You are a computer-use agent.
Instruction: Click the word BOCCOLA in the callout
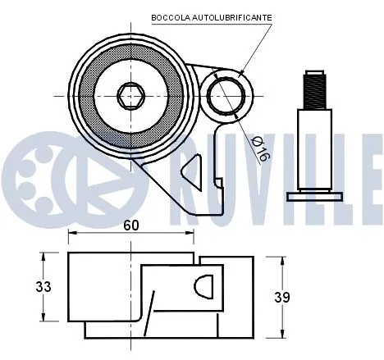[x=168, y=17]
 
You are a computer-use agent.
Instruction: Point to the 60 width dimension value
[x=130, y=225]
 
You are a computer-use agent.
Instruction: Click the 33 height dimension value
[x=43, y=287]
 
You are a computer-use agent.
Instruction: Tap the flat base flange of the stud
[x=314, y=196]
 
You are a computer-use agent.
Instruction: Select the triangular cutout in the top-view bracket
[x=190, y=172]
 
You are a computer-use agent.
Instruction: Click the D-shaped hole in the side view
[x=204, y=288]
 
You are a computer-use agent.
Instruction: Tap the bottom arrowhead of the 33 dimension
[x=43, y=317]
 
